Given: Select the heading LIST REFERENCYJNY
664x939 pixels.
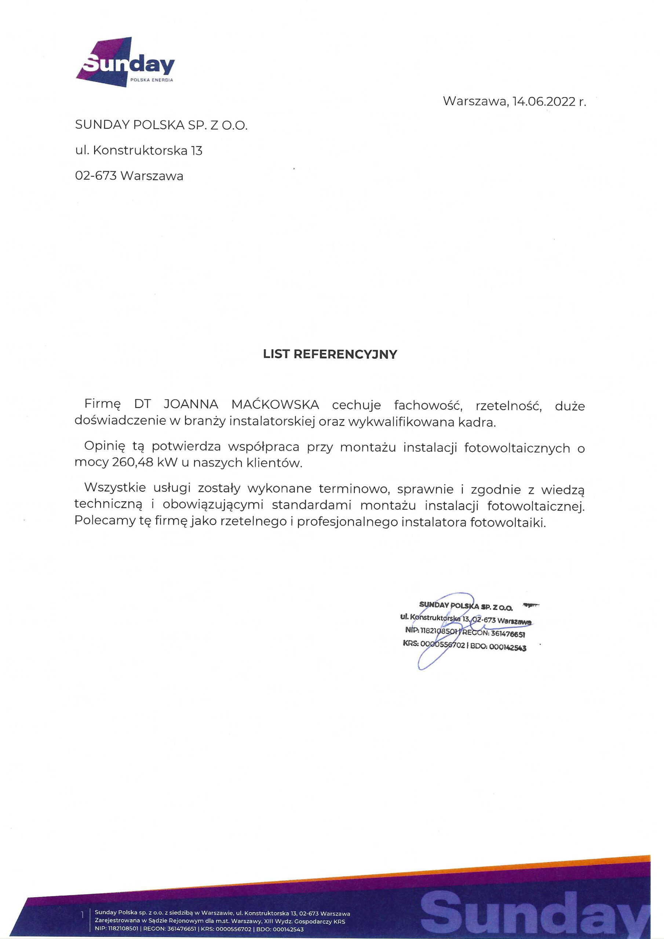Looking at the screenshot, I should [x=330, y=354].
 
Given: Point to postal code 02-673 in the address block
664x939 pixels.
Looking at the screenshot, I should [x=96, y=176].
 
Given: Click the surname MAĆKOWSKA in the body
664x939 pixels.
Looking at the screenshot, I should [x=275, y=405].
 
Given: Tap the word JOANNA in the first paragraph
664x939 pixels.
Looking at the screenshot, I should [x=191, y=405].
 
